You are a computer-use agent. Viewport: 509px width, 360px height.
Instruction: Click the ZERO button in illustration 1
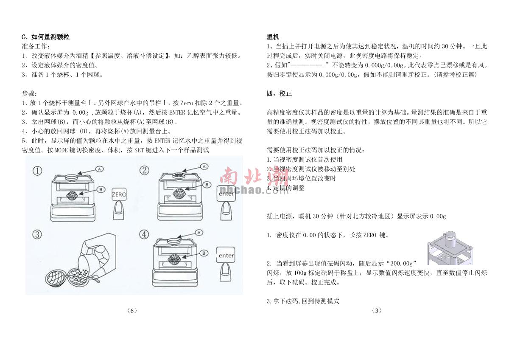point(119,194)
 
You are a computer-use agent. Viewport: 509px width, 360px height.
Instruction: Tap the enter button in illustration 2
point(226,194)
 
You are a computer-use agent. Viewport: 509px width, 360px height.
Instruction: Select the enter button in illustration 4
point(225,255)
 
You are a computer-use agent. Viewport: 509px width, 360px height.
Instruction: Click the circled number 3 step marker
point(37,234)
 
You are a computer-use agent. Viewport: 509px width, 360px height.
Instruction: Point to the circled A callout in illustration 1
point(100,169)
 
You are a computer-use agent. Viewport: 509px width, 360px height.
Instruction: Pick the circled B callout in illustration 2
point(207,185)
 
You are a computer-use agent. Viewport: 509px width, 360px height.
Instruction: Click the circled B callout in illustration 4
point(204,253)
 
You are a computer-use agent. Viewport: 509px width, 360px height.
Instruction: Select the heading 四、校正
point(279,93)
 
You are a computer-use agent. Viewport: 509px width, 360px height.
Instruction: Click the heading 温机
point(273,37)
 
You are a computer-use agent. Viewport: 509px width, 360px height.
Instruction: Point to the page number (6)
point(132,310)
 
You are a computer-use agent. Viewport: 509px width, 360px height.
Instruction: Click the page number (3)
point(377,310)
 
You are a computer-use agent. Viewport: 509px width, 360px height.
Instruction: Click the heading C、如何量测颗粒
point(45,37)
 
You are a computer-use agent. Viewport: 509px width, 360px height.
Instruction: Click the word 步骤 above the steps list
point(29,93)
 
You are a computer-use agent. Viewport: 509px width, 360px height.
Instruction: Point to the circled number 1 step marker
point(37,171)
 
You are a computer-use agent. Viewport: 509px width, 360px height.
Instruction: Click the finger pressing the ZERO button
point(119,211)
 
